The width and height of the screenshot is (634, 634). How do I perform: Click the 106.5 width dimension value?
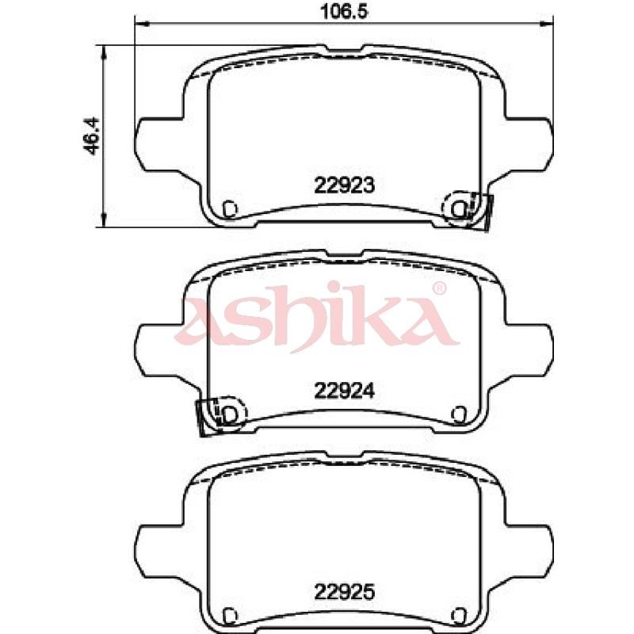(x=344, y=11)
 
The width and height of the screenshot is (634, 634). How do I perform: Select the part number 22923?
(x=345, y=185)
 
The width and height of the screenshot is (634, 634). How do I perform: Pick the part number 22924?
(x=345, y=391)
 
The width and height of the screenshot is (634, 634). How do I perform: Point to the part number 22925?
(x=345, y=592)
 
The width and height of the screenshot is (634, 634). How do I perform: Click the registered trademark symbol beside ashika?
(x=439, y=288)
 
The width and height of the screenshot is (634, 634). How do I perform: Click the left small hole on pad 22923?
(x=230, y=209)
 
